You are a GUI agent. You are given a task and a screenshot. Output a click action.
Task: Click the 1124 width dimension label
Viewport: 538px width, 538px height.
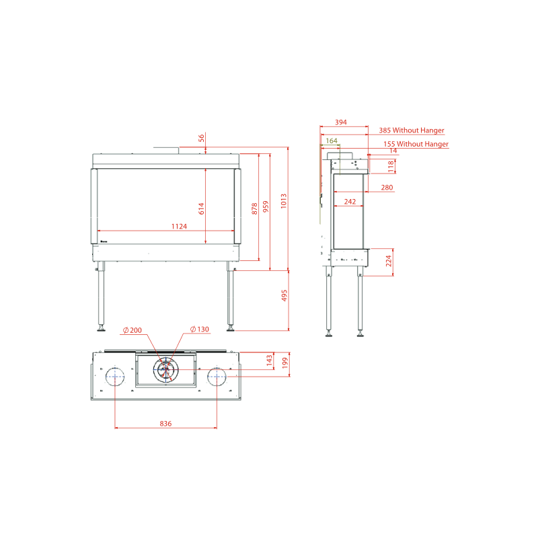(179, 227)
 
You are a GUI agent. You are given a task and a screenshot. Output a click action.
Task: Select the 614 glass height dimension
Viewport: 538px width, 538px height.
(201, 208)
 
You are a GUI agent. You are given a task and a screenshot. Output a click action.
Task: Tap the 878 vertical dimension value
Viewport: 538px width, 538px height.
(254, 208)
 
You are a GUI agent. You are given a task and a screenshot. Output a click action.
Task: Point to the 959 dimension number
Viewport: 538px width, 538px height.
(266, 206)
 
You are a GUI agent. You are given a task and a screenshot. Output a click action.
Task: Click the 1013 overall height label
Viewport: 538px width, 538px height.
(283, 201)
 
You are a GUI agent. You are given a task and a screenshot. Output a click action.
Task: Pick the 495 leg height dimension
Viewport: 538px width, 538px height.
(284, 296)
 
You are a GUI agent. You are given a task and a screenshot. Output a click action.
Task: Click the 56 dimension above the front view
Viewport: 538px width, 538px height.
(201, 138)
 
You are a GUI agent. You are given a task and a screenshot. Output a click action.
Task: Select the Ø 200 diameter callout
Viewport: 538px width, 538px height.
(132, 330)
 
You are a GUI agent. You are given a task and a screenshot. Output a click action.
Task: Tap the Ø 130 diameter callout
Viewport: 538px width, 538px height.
(200, 329)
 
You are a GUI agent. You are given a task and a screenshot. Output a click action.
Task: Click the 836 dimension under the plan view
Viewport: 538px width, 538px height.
(165, 424)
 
